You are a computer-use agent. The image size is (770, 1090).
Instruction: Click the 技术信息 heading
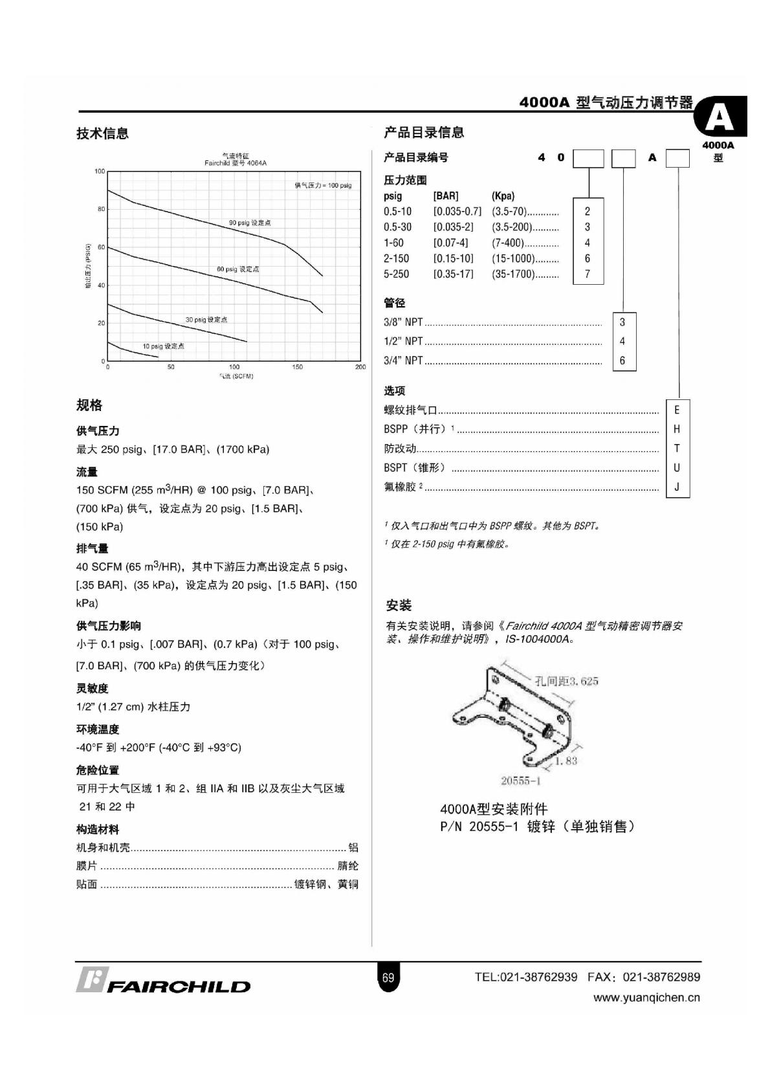[x=102, y=133]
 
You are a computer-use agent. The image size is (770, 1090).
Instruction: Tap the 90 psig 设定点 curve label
[x=250, y=223]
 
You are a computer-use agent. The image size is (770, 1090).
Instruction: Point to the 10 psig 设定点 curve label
[x=163, y=346]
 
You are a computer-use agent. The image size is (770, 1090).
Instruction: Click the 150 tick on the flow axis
[x=297, y=367]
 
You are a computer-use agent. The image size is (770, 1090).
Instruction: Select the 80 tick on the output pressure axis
[x=101, y=209]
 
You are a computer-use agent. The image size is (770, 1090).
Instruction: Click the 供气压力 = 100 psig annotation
[x=323, y=185]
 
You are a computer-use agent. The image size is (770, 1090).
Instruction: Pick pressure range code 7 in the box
[x=588, y=274]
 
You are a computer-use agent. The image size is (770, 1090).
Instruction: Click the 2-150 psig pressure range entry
[x=396, y=258]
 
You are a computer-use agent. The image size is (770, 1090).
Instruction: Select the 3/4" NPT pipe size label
[x=403, y=361]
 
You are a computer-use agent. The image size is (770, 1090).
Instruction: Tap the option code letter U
[x=677, y=467]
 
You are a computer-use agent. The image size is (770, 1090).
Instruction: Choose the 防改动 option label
[x=400, y=448]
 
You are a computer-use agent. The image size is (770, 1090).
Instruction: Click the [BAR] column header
[x=446, y=195]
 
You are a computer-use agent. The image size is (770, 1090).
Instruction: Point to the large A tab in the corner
[x=720, y=118]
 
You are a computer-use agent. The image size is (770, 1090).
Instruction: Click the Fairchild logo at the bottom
[x=163, y=982]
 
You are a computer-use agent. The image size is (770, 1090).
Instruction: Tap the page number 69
[x=388, y=977]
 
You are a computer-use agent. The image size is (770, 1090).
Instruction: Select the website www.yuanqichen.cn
[x=646, y=997]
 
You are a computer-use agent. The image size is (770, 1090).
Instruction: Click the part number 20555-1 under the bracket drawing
[x=520, y=781]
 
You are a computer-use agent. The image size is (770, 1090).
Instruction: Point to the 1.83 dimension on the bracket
[x=566, y=761]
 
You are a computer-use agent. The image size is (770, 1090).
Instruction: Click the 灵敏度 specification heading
[x=93, y=688]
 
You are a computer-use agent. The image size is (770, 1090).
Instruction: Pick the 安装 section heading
[x=399, y=605]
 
